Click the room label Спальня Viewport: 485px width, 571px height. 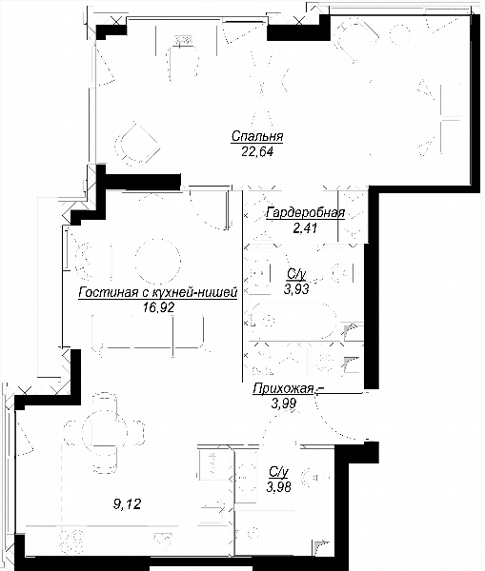click(257, 136)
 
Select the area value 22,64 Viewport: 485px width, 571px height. click(257, 151)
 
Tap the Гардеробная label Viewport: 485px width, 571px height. click(306, 212)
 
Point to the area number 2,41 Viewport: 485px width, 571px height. click(305, 228)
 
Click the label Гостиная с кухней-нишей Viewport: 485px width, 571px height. click(158, 292)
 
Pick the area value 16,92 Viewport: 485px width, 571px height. click(158, 307)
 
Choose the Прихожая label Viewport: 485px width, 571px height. click(283, 389)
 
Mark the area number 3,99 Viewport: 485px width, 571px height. click(283, 404)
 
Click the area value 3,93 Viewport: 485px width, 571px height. click(296, 289)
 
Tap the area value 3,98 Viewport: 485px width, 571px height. click(278, 487)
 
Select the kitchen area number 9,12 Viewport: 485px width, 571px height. click(127, 504)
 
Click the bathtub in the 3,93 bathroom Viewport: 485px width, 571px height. click(293, 322)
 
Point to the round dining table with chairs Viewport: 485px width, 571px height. click(104, 432)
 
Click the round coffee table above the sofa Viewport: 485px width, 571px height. click(157, 261)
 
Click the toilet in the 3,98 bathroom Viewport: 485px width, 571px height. click(316, 477)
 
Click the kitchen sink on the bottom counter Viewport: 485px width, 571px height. click(163, 541)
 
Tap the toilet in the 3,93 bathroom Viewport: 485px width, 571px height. click(346, 272)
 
